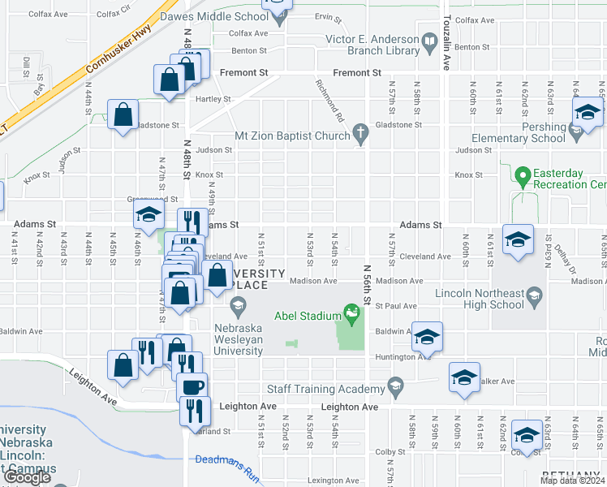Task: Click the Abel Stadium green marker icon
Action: (351, 311)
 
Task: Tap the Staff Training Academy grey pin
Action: (395, 384)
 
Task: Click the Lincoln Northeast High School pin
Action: (534, 299)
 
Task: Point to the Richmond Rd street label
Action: (327, 93)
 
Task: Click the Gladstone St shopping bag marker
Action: (123, 115)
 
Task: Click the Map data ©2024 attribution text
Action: (572, 481)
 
